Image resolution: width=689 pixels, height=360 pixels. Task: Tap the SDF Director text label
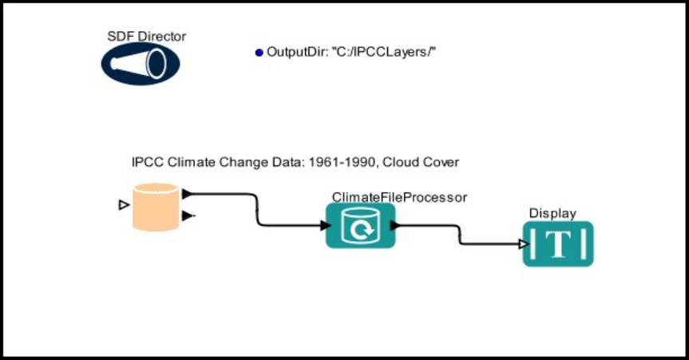[147, 36]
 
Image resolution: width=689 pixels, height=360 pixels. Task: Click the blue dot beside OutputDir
[259, 53]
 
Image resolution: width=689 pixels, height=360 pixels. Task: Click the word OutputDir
[293, 52]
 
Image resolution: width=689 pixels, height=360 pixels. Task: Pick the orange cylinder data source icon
[155, 207]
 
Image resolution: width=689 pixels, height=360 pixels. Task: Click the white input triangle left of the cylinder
[123, 206]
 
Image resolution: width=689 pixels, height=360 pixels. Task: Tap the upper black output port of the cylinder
[186, 193]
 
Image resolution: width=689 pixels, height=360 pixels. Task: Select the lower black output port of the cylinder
[186, 216]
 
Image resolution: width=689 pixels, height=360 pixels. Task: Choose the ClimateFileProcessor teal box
[360, 225]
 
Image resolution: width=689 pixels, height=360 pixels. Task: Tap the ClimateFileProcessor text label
[399, 196]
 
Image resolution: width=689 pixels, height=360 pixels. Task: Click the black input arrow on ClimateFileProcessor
[325, 226]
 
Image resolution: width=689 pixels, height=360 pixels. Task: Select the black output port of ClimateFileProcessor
[394, 226]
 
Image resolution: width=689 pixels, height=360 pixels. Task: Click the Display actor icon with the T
[559, 243]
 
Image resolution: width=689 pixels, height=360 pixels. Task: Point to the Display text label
[552, 213]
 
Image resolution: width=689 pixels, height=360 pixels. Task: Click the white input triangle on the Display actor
[523, 244]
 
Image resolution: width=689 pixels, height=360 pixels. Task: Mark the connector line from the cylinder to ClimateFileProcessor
[255, 210]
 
